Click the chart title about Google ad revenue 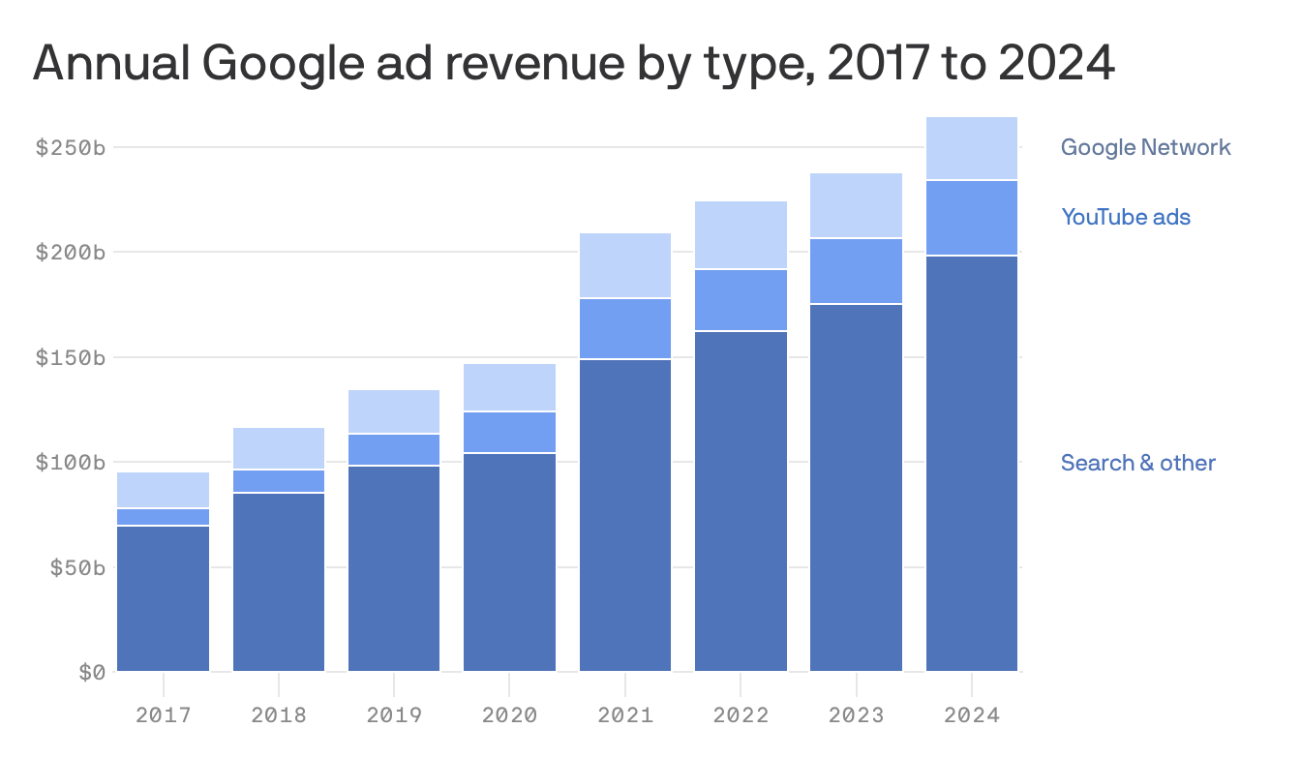[574, 64]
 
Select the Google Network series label [1145, 147]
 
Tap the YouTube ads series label [1126, 217]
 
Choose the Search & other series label [1137, 463]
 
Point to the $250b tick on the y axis [71, 147]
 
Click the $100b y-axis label [71, 462]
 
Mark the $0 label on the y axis [92, 673]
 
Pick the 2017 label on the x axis [164, 714]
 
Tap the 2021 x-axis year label [625, 714]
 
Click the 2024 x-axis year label [972, 714]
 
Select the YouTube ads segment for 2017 [164, 517]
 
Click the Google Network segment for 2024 [972, 148]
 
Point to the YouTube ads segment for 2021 [625, 329]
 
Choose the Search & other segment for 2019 [394, 568]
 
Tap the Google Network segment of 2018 [279, 448]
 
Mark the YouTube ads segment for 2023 [856, 271]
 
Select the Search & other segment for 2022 [741, 501]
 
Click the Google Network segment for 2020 [509, 387]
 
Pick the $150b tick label [71, 358]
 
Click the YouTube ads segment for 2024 [972, 219]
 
